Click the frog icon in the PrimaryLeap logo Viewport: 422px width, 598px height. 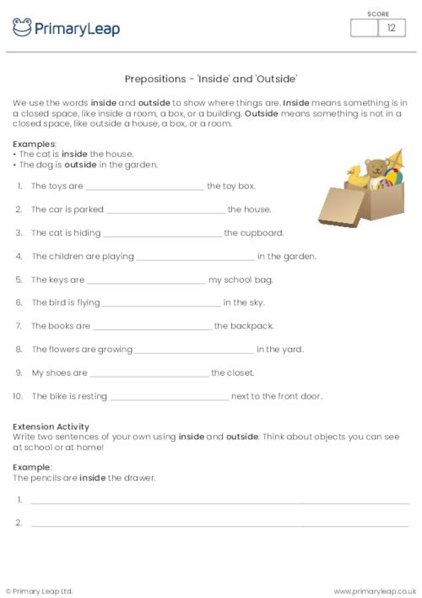(x=22, y=27)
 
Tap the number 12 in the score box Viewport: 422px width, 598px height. (x=391, y=28)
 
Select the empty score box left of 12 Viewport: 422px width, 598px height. (x=364, y=28)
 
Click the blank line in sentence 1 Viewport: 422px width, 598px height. (x=144, y=187)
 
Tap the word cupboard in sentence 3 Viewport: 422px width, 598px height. (x=262, y=232)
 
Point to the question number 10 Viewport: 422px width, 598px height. (x=17, y=395)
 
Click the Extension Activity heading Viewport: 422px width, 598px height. (x=51, y=427)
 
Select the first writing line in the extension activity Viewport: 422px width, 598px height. (x=219, y=501)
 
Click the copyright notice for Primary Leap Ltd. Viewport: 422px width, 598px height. (x=40, y=590)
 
